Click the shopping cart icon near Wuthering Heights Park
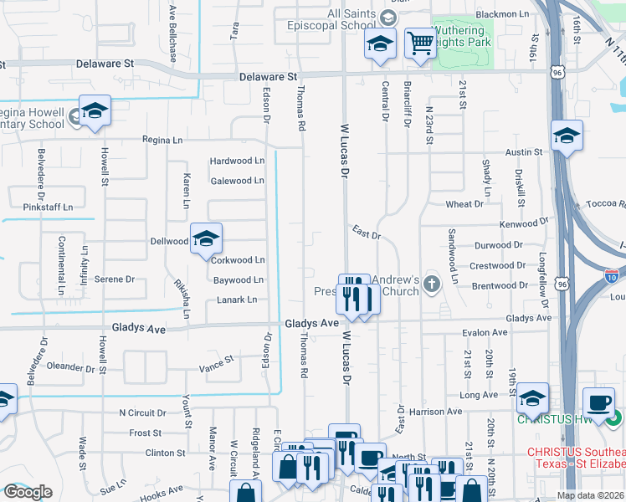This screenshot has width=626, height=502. click(419, 43)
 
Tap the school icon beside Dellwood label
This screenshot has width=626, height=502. click(206, 238)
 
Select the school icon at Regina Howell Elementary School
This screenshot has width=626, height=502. click(95, 111)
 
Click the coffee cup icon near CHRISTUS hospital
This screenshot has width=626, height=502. click(598, 402)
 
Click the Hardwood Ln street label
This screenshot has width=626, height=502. click(237, 161)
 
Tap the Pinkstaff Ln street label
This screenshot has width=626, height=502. click(49, 207)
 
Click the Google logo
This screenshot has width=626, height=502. click(28, 492)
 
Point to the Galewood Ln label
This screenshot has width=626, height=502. click(237, 181)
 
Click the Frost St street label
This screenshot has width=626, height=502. click(146, 433)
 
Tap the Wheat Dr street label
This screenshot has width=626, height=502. click(464, 204)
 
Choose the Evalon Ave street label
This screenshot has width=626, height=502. click(485, 332)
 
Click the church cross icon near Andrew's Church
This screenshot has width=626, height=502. click(431, 283)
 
